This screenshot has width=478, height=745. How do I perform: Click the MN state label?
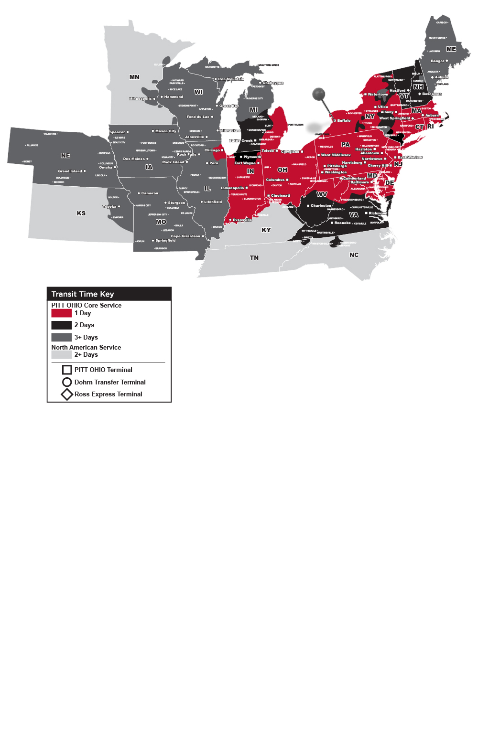(134, 77)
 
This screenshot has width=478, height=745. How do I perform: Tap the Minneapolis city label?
(141, 99)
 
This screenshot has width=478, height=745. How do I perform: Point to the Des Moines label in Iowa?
(134, 159)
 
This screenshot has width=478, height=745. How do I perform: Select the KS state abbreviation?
(81, 213)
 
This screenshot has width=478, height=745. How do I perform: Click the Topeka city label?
(109, 207)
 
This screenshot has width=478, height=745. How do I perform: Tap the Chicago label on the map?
(212, 150)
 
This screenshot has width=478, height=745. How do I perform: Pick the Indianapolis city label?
(232, 188)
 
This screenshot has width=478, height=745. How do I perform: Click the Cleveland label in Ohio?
(290, 152)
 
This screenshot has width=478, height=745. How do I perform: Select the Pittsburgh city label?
(337, 166)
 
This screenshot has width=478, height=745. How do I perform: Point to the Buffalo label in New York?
(344, 121)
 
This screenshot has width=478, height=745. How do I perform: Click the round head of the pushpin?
(318, 94)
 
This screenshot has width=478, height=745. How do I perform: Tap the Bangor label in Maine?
(437, 61)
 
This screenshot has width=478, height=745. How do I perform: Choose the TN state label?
(254, 258)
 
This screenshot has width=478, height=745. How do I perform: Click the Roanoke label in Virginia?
(342, 223)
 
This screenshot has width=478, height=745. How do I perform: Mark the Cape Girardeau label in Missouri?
(185, 236)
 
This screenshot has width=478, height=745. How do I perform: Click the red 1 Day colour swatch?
(61, 313)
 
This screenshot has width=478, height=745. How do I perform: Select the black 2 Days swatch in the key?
(61, 325)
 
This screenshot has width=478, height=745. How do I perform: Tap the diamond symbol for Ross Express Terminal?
(67, 394)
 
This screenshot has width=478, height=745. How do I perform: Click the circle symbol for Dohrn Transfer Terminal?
(67, 382)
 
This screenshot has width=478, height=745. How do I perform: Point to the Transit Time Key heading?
(83, 294)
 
